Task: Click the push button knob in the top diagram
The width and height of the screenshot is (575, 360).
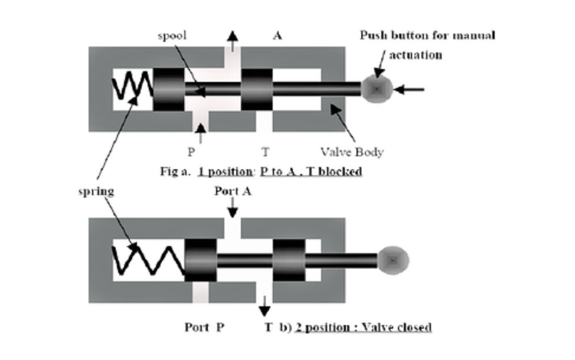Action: (377, 89)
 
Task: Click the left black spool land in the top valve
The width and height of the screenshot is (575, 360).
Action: (169, 89)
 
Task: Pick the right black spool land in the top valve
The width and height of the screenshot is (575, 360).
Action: (257, 89)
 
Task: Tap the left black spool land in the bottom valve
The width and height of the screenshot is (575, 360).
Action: (201, 260)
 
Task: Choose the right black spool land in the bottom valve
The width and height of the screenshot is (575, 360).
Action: (289, 260)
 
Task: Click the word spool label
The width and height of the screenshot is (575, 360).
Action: (172, 35)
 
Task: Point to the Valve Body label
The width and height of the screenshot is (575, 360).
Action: (352, 152)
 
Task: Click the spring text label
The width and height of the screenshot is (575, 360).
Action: (96, 191)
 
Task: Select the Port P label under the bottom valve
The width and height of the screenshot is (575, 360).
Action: (204, 326)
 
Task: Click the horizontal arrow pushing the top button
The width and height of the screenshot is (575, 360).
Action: (409, 90)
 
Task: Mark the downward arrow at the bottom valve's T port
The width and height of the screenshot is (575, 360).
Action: (264, 305)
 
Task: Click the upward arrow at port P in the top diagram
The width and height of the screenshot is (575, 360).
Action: (201, 133)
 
